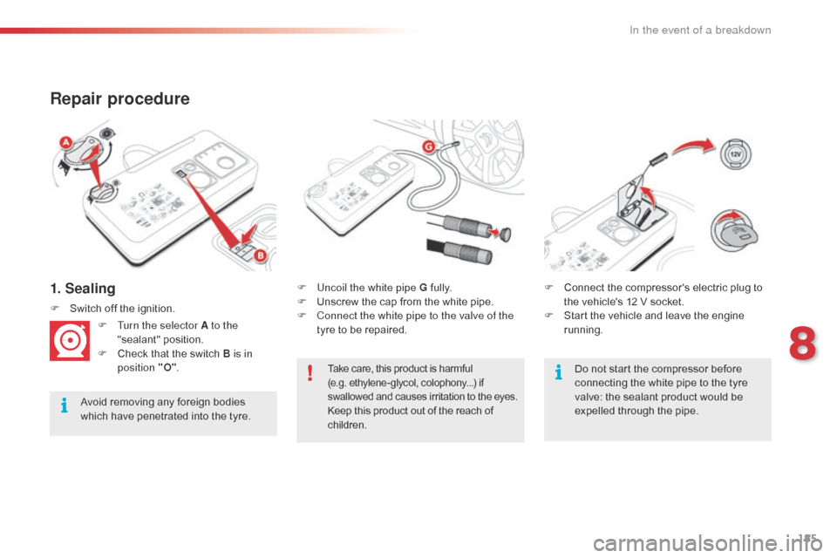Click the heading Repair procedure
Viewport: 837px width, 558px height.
click(x=119, y=99)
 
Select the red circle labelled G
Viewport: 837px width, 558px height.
click(x=429, y=148)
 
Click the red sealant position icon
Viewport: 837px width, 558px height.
click(x=71, y=341)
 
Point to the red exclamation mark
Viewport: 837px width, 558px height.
click(x=310, y=374)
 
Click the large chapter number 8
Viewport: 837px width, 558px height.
click(x=802, y=340)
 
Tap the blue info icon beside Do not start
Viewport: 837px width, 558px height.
click(x=557, y=374)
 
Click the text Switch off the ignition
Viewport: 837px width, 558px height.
click(x=122, y=308)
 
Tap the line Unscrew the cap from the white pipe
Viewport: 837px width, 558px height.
click(x=405, y=302)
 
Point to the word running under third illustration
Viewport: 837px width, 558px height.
click(x=582, y=330)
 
